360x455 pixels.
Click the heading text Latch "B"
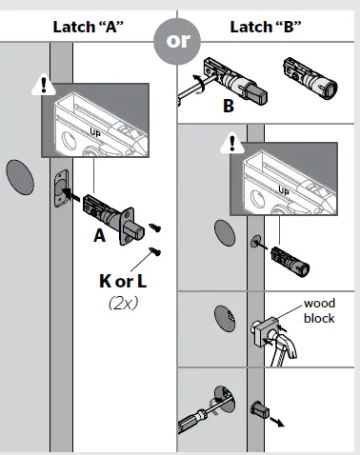(267, 26)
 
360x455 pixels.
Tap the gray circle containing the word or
(177, 42)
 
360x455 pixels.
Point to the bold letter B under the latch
(229, 107)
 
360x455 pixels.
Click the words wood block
(318, 310)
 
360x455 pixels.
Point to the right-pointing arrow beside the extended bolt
(277, 419)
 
